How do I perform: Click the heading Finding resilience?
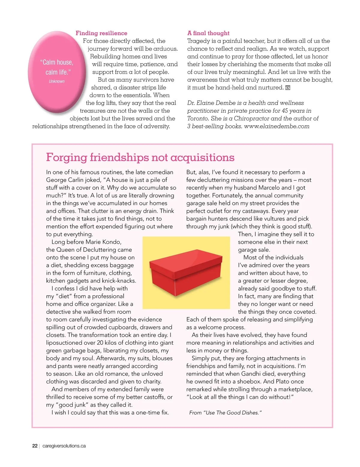tap(101, 33)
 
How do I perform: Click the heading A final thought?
tap(208, 33)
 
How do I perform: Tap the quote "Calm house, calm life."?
tap(57, 67)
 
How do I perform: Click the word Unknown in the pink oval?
tap(57, 82)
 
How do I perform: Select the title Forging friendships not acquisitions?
tap(140, 157)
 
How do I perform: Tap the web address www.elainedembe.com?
tap(277, 126)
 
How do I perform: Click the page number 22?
tap(35, 446)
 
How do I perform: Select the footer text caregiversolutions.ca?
tap(64, 446)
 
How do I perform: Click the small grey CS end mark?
tap(288, 88)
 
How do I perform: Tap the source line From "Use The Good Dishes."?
tap(225, 413)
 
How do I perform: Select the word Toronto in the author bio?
tap(198, 118)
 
